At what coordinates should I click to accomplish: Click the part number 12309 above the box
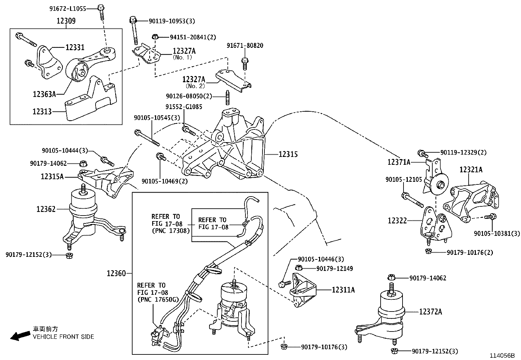66,21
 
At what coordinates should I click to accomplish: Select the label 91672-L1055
67,9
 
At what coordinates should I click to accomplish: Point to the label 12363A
44,94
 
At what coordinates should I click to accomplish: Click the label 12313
42,112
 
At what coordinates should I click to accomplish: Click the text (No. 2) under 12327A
195,86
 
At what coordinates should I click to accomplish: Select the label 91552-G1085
184,107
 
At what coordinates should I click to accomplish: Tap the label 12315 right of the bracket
288,154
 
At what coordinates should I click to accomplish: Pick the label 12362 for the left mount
46,209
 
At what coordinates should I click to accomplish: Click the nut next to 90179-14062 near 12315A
83,163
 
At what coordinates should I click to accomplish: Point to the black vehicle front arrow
19,335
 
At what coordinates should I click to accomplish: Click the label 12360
116,273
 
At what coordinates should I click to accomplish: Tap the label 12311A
343,290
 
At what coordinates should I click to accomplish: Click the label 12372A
430,312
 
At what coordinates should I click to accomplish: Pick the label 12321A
471,170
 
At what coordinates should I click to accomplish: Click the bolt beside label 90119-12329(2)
422,153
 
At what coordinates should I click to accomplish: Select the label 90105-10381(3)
496,233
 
